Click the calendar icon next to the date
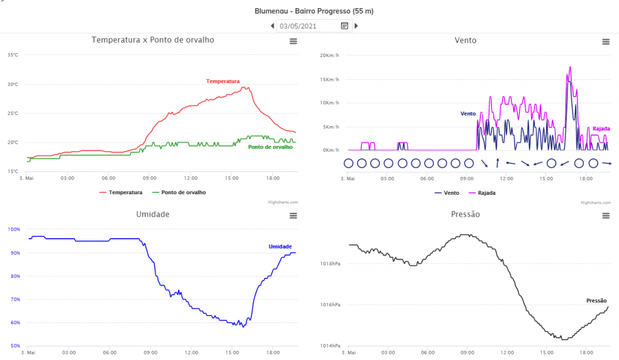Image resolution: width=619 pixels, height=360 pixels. coord(345,26)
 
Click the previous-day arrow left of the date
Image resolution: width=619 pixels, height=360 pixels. coord(272,26)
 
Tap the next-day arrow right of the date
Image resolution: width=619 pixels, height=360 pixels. coord(356,26)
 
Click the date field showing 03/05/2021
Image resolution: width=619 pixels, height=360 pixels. coord(306,26)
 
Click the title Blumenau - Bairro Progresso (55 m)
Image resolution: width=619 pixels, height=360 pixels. coord(314,11)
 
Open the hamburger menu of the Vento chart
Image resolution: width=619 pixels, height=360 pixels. coord(606,41)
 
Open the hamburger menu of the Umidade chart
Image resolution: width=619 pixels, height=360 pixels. coord(293,215)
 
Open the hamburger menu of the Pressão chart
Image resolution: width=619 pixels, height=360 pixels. coord(606,215)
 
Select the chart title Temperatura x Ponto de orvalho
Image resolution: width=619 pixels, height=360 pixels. coord(153,40)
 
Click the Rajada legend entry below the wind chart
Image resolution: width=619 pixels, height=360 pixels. coord(482,192)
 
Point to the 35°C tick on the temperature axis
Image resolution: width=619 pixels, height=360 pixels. coord(13,55)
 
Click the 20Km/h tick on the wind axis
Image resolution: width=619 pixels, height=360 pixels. coord(329,56)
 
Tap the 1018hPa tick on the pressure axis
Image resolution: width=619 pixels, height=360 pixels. coord(330,264)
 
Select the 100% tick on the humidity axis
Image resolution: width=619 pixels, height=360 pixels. coord(14,229)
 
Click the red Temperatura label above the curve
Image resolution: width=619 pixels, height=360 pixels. coord(223,81)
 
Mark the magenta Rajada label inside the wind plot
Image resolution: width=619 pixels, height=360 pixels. coord(601,129)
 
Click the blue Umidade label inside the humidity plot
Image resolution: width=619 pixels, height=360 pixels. coord(280,246)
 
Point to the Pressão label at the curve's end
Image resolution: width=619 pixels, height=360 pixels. coord(596,300)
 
